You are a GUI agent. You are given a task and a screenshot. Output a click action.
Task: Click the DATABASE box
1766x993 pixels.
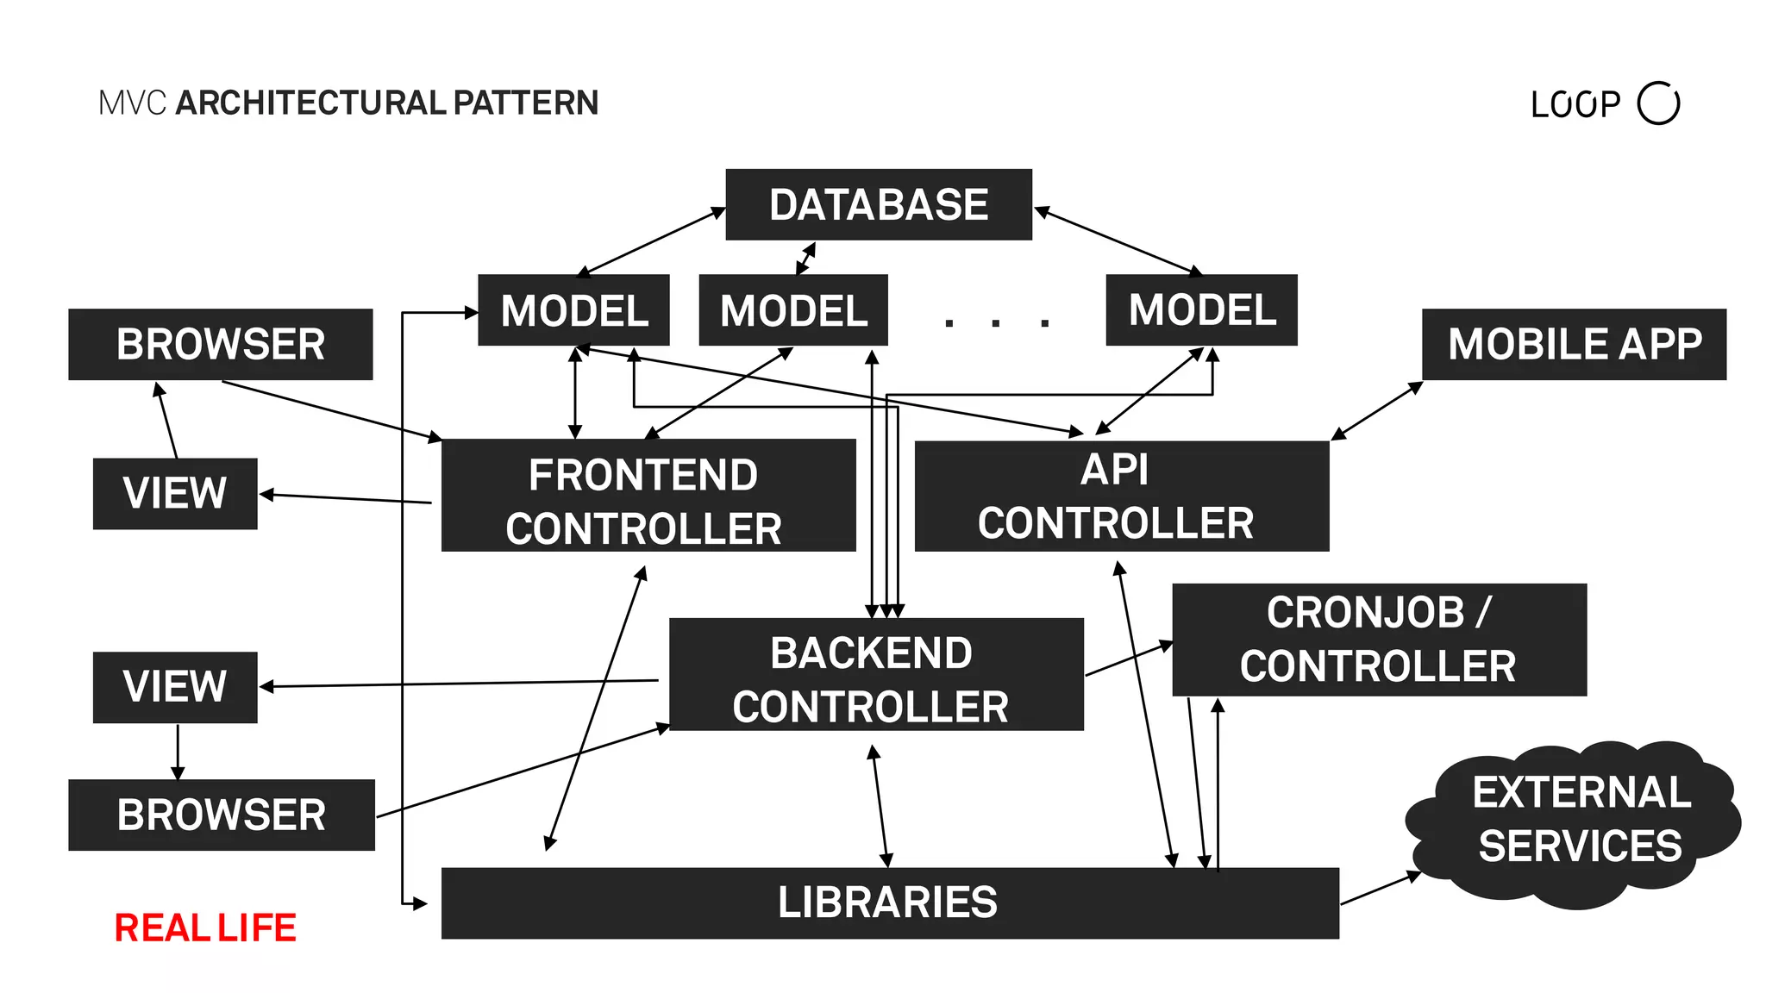(878, 204)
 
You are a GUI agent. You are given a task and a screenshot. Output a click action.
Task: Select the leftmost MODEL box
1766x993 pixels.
(573, 310)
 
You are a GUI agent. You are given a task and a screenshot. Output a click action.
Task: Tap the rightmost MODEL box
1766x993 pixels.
(1201, 310)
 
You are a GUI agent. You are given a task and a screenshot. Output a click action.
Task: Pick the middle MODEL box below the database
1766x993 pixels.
(792, 310)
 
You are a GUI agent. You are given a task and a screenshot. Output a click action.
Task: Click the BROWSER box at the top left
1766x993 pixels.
(220, 344)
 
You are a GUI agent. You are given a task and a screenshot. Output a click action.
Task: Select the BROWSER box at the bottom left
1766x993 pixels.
(221, 815)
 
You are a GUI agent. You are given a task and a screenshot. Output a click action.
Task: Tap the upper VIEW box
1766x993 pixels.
(175, 493)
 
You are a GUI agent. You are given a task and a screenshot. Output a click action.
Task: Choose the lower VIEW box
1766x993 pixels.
(175, 687)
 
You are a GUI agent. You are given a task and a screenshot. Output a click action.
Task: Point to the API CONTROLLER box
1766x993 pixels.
(1121, 496)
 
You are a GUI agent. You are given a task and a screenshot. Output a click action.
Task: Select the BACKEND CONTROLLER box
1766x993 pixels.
(875, 674)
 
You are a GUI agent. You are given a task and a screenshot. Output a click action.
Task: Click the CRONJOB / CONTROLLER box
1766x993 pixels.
(1378, 640)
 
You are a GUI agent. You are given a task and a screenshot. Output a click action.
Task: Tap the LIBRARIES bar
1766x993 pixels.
(889, 902)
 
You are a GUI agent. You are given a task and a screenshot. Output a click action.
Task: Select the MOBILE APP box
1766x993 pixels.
(1574, 344)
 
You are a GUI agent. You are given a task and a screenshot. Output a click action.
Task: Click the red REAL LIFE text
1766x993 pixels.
(205, 928)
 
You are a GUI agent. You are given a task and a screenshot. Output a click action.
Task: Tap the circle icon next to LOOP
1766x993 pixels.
(1658, 103)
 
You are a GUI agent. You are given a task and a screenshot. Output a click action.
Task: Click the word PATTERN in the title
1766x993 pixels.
(526, 103)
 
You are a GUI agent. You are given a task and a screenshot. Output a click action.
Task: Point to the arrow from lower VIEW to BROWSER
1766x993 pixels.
(178, 752)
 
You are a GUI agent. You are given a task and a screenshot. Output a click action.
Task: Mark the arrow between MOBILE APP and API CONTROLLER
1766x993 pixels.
(1377, 410)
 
